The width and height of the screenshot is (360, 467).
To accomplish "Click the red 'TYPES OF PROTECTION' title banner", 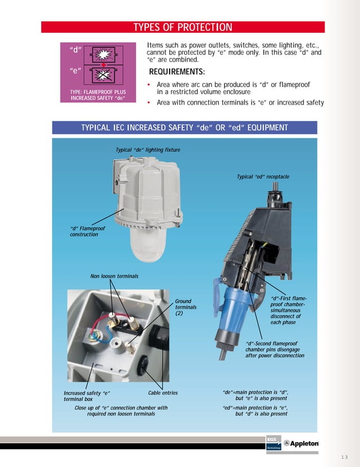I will [182, 27].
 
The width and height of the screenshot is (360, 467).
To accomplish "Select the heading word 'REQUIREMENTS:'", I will [177, 72].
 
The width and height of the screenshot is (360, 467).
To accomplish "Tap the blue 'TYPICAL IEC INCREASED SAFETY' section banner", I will [185, 127].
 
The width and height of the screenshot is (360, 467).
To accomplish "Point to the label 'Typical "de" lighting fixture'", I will [147, 150].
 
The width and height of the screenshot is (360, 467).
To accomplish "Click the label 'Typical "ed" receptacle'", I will [263, 177].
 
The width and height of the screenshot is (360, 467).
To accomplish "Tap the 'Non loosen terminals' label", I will [114, 276].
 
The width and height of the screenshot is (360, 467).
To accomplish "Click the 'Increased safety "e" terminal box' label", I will [86, 395].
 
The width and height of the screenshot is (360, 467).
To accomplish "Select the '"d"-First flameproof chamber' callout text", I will [289, 310].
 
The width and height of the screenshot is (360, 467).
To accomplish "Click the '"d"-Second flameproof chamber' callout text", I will [274, 349].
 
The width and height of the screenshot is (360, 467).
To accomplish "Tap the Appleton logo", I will [301, 443].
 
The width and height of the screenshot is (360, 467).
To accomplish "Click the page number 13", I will [345, 457].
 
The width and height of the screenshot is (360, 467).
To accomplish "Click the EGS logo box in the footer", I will [273, 443].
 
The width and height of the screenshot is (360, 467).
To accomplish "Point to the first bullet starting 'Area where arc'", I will [233, 88].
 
